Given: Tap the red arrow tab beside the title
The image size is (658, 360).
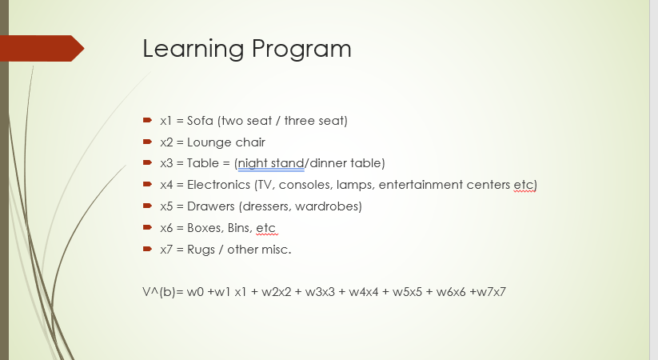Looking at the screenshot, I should [44, 49].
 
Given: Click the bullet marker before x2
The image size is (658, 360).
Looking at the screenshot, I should [147, 142].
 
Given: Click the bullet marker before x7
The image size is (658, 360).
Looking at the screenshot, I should [147, 249].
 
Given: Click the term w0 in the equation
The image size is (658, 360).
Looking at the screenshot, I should [196, 292].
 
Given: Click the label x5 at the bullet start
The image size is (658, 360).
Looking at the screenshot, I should [166, 206].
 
